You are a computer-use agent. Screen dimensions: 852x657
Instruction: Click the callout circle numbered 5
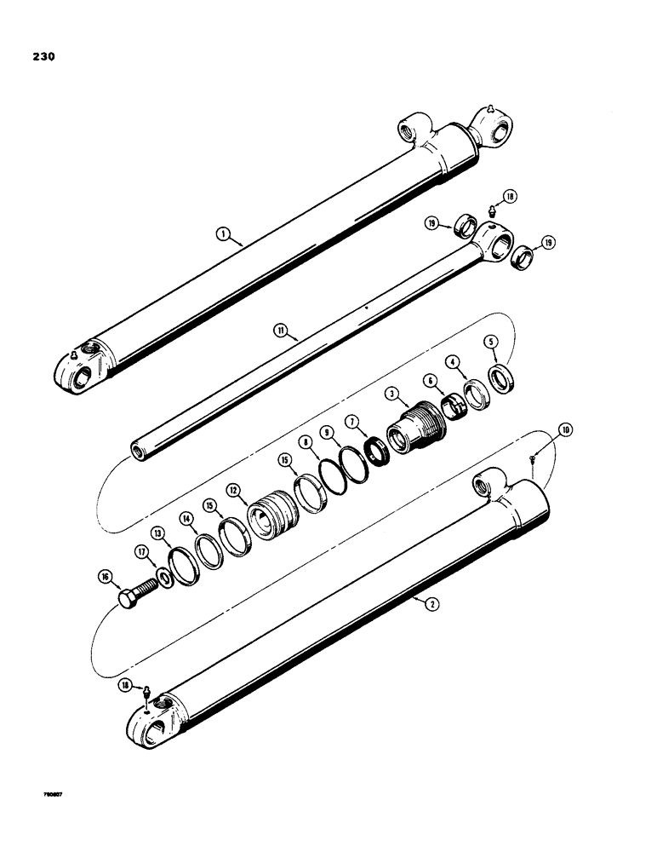point(491,342)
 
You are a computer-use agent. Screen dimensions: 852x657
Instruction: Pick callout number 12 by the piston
point(231,491)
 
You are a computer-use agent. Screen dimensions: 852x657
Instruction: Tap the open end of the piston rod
point(137,449)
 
